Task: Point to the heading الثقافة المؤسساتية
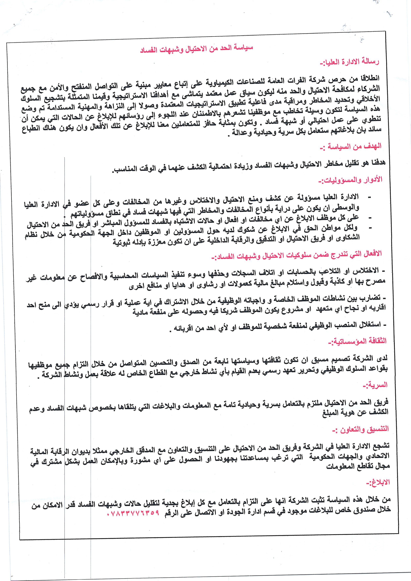click(357, 341)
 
